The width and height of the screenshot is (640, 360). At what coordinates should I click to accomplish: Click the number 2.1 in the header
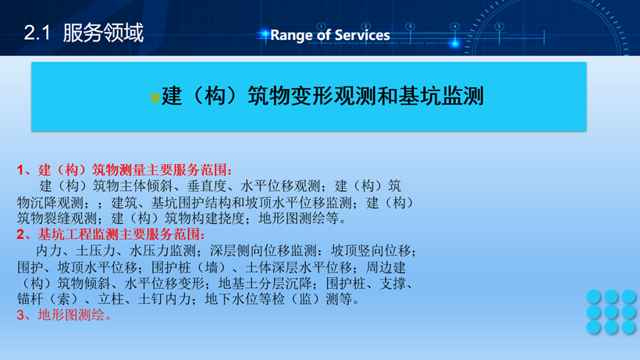pos(37,33)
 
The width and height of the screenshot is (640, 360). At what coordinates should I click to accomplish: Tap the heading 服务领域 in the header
pos(103,33)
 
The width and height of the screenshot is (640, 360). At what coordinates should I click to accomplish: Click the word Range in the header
pos(292,35)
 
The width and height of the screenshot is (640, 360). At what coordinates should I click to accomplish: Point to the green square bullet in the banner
pos(155,98)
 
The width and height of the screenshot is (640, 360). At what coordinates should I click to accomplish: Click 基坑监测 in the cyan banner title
pos(441,96)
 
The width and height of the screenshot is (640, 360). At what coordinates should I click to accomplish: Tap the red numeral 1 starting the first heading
pos(20,169)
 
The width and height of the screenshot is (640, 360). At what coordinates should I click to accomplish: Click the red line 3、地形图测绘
pos(64,315)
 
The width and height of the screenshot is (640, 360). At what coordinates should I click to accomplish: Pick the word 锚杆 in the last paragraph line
pos(30,299)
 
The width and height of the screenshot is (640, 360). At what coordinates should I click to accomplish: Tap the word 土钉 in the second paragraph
pos(151,299)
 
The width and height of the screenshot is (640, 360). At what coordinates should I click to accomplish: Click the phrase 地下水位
pos(231,299)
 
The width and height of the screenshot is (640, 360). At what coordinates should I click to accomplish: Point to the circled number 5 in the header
pos(499,27)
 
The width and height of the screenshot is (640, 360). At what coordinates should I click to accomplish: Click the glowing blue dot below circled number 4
pos(455,43)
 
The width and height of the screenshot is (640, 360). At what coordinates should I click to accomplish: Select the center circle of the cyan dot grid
pos(611,312)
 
